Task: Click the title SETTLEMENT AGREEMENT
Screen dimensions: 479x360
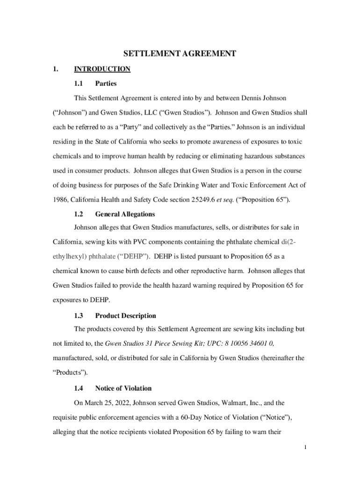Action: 180,54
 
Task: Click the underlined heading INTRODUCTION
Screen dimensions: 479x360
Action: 102,69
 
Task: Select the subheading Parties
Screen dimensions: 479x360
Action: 106,84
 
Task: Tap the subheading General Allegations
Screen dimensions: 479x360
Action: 125,214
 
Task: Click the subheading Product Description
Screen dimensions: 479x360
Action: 125,316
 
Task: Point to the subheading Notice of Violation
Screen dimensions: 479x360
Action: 123,388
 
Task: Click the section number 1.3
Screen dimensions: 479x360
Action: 79,316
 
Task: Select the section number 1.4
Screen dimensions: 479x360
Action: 79,388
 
